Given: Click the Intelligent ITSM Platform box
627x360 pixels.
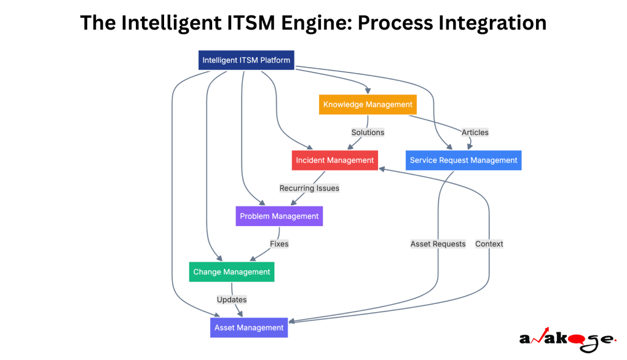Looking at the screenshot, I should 246,60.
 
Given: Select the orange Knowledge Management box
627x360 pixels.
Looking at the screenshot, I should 368,104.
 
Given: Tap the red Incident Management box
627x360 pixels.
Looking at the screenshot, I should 334,160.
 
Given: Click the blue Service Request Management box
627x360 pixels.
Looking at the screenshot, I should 463,160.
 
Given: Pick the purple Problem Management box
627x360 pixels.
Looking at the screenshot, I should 279,216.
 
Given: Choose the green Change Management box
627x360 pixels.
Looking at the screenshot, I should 231,272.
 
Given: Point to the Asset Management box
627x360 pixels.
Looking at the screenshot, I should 248,327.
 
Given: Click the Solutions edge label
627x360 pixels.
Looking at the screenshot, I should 368,132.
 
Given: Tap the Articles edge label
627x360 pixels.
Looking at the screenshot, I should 475,132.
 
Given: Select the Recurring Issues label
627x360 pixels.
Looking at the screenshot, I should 309,188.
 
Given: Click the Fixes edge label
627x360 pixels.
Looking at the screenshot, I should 279,244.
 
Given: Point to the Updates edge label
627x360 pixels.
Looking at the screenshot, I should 232,300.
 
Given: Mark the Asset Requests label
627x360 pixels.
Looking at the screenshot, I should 438,244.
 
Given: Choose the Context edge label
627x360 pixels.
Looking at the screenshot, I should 489,244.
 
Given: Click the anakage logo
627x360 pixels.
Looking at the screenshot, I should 566,339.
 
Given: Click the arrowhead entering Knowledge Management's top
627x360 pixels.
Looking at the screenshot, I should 368,92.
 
